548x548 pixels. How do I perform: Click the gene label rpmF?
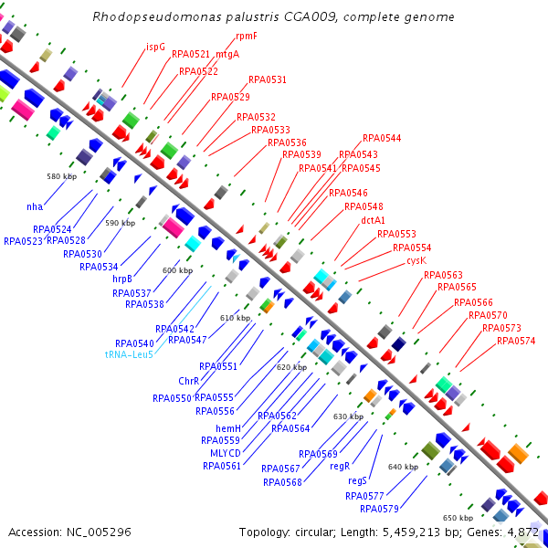click(x=246, y=36)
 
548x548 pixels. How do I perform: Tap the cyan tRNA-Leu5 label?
click(x=129, y=354)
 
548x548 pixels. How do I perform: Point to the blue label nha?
click(x=35, y=206)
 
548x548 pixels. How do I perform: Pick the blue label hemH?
click(x=227, y=428)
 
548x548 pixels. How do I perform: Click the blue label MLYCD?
click(x=226, y=453)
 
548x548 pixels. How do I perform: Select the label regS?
click(x=357, y=480)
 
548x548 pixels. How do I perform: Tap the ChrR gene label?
click(x=189, y=381)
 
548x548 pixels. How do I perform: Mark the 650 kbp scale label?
click(x=458, y=517)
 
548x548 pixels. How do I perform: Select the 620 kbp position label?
click(x=291, y=366)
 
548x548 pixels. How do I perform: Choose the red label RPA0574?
click(x=516, y=341)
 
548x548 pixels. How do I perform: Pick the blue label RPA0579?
click(x=379, y=509)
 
